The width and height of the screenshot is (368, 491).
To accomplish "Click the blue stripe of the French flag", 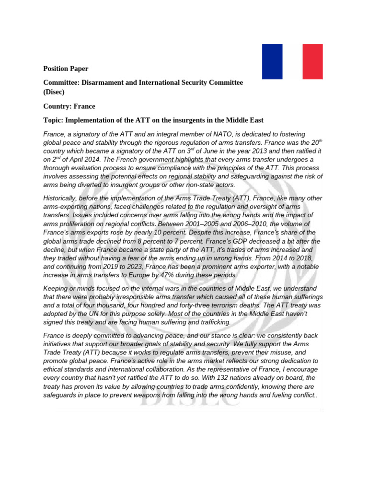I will (272, 61).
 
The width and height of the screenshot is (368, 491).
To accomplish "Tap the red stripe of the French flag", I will (312, 61).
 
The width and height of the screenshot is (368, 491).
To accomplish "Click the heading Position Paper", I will (66, 69).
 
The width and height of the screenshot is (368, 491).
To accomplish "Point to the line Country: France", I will (69, 106).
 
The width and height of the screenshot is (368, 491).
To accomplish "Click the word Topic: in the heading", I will (54, 120).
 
